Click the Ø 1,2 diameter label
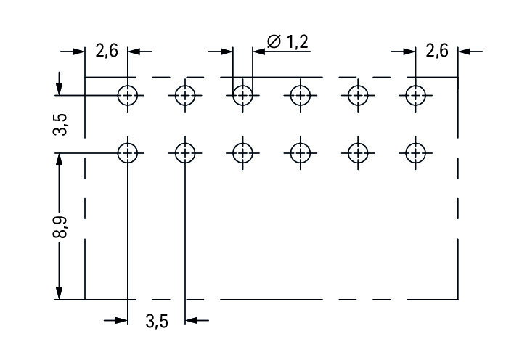point(288,42)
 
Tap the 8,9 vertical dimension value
point(60,226)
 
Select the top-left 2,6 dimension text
point(107,51)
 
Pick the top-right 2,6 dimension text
point(437,51)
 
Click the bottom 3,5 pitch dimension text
point(157,322)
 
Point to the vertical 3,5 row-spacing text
point(60,124)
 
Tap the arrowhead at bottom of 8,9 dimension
point(59,293)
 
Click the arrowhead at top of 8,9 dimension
point(59,160)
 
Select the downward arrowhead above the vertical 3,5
point(59,89)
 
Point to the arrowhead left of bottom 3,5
point(121,320)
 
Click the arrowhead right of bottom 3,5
point(192,320)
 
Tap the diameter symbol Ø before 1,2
point(274,42)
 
